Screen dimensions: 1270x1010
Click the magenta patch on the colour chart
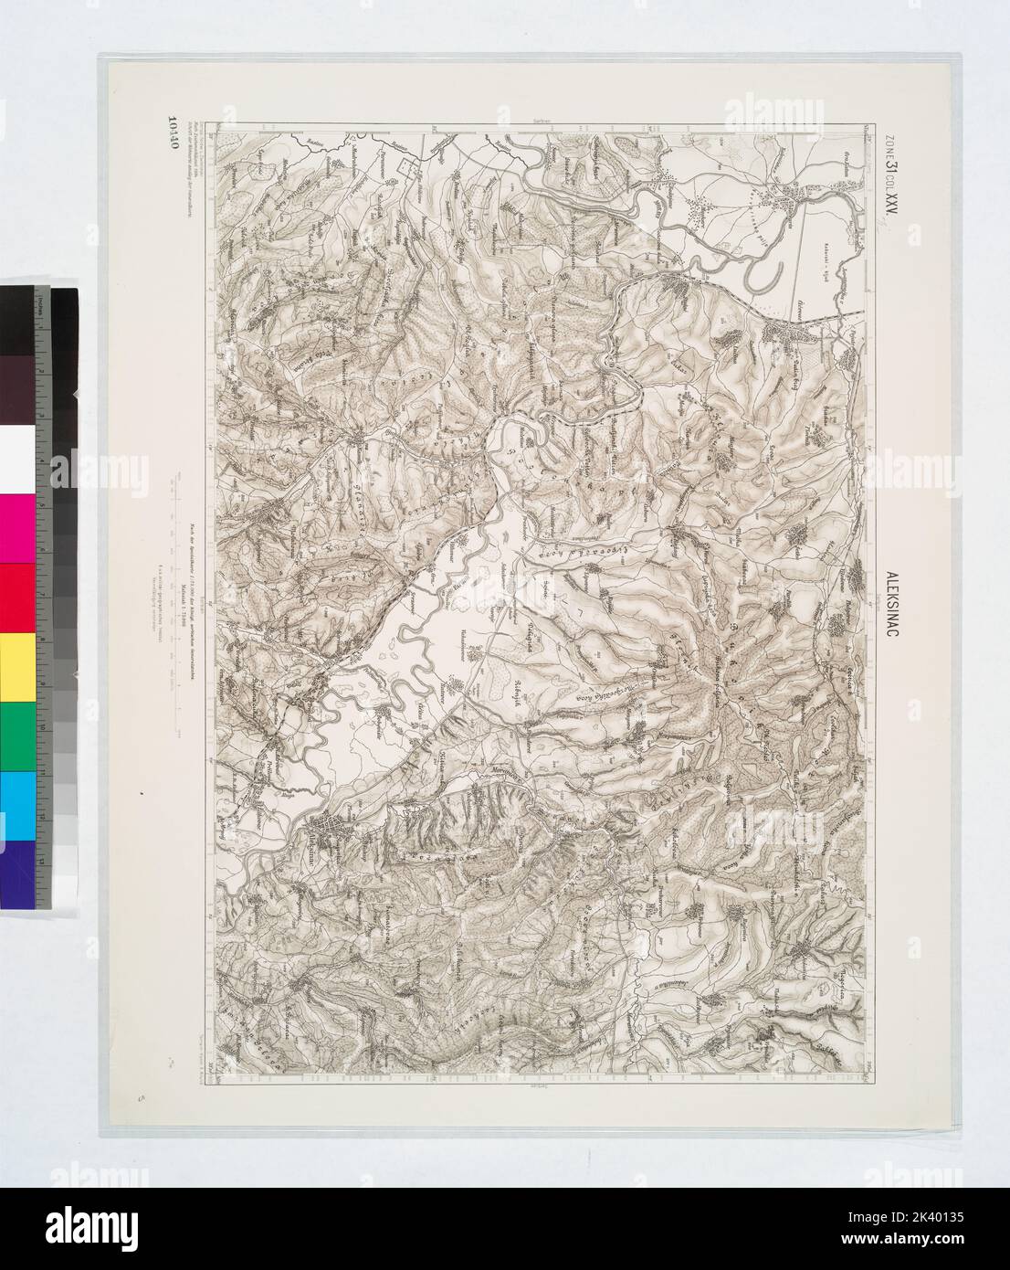19,528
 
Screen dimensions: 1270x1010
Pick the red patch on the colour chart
19,598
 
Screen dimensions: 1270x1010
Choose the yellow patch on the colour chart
19,666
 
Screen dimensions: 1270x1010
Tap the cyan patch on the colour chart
19,805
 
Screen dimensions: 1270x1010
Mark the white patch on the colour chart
19,459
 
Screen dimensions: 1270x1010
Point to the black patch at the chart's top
19,319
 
